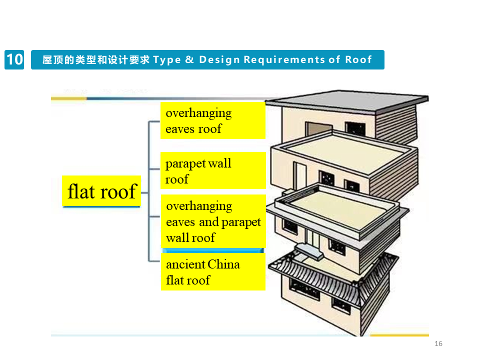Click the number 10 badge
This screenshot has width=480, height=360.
click(14, 59)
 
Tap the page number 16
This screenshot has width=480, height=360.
click(438, 343)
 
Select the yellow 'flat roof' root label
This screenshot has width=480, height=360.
click(101, 191)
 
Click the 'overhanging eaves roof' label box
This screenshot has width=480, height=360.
click(212, 120)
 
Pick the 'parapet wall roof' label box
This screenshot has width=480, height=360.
click(212, 170)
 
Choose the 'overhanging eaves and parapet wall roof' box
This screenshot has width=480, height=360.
click(212, 221)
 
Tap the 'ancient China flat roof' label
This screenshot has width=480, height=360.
click(212, 272)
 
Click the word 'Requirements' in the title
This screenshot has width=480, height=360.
click(283, 60)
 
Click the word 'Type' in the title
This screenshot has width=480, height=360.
click(166, 60)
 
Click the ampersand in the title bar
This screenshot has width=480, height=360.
click(189, 60)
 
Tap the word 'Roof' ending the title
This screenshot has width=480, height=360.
click(358, 60)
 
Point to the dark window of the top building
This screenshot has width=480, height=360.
click(355, 129)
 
